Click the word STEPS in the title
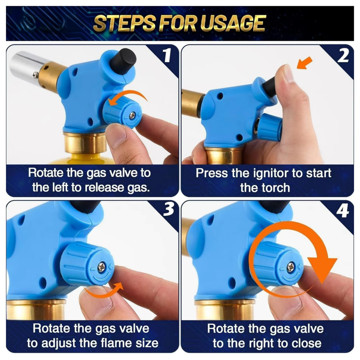pyautogui.click(x=125, y=23)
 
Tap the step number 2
pyautogui.click(x=343, y=55)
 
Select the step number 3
pyautogui.click(x=169, y=209)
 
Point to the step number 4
pyautogui.click(x=343, y=211)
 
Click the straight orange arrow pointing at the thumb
pyautogui.click(x=304, y=63)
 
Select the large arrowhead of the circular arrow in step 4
pyautogui.click(x=322, y=269)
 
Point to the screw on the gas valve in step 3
pyautogui.click(x=101, y=267)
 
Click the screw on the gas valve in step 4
pyautogui.click(x=290, y=267)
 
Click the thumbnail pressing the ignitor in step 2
pyautogui.click(x=288, y=73)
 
